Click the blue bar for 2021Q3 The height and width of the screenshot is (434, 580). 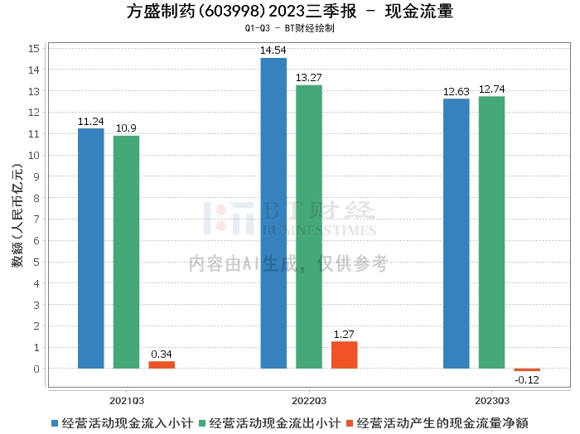click(91, 248)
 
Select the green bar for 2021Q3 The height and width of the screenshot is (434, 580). click(126, 252)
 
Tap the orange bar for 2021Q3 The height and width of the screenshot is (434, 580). click(162, 364)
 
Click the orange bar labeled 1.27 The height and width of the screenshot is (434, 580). click(344, 354)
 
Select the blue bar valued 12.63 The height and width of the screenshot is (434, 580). click(456, 234)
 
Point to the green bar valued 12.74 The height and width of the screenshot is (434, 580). click(491, 232)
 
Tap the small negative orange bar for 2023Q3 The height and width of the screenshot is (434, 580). click(526, 369)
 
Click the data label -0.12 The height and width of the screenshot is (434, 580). click(527, 379)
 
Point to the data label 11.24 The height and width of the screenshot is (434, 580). click(90, 121)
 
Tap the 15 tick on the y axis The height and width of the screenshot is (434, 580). click(35, 48)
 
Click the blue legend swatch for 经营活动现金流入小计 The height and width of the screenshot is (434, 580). click(56, 423)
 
